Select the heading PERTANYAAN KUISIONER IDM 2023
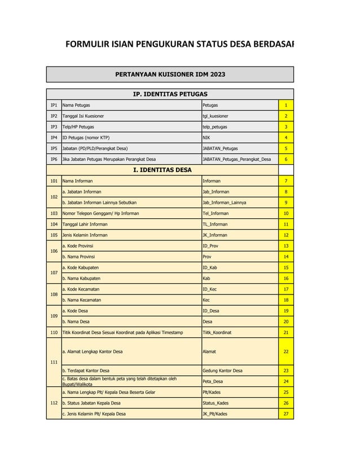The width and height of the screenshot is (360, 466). (170, 74)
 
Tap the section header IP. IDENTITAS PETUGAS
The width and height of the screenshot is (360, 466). (170, 94)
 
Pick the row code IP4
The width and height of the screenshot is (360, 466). (54, 138)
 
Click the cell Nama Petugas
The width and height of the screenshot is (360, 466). (76, 105)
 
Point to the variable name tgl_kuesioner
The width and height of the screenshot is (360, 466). (216, 116)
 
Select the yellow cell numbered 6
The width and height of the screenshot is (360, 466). (286, 159)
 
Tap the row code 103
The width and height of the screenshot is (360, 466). (54, 213)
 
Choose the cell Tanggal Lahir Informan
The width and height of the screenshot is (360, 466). (85, 224)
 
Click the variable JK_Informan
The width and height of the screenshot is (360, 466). (214, 235)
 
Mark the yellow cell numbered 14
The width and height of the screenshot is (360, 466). (286, 257)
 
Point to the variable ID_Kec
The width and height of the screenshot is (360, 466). (210, 289)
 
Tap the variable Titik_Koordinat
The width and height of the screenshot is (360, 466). (217, 332)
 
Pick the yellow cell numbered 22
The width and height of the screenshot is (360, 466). (286, 351)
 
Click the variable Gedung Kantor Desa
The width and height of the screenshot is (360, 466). (222, 371)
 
